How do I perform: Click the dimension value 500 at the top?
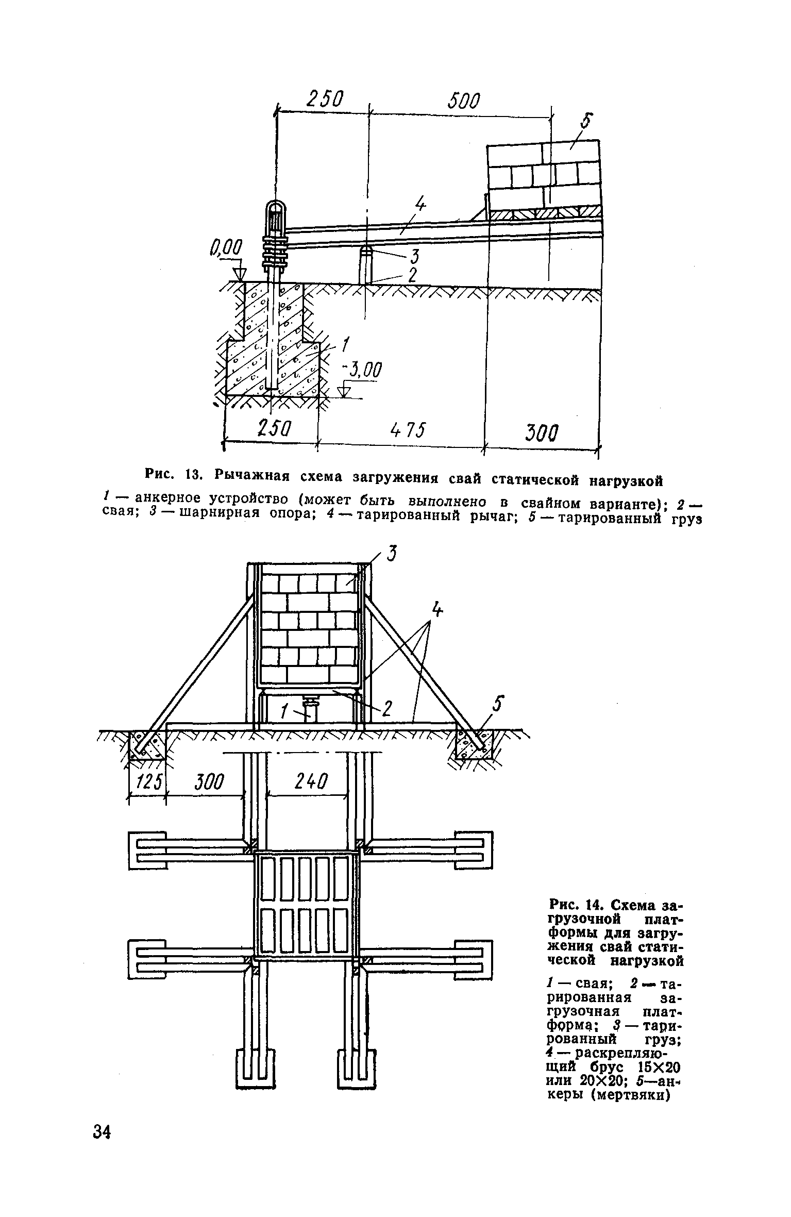[x=463, y=102]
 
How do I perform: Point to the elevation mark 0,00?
[x=225, y=251]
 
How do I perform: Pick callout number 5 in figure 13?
[x=585, y=123]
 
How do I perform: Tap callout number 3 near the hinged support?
[x=414, y=256]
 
